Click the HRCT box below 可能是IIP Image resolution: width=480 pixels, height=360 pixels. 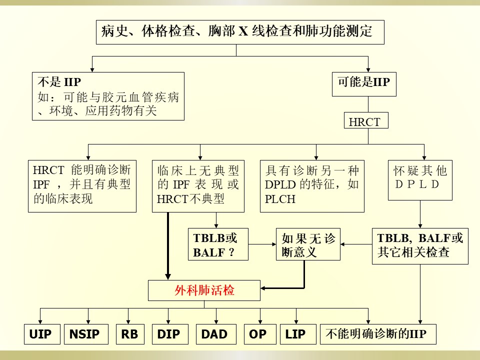(366, 120)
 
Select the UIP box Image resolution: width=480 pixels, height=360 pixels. (42, 334)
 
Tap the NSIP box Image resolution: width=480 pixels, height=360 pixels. (86, 334)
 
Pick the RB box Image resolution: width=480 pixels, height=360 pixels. (130, 334)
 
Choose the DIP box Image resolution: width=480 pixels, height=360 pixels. (170, 334)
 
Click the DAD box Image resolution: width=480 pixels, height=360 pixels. (216, 334)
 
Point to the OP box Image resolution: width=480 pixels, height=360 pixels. (260, 334)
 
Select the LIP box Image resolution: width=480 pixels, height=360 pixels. (298, 334)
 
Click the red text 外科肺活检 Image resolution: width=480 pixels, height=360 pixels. (204, 290)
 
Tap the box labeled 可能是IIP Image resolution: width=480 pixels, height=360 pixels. (364, 84)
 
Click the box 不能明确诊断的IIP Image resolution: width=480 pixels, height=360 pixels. (378, 334)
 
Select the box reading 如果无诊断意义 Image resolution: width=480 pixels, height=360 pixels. (308, 244)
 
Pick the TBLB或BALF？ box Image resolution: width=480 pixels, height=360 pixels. (218, 244)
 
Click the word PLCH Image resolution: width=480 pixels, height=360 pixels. (280, 199)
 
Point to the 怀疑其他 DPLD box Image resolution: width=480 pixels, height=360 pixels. (420, 180)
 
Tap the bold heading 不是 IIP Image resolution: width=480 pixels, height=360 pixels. (59, 82)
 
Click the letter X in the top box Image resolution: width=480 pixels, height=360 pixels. (243, 31)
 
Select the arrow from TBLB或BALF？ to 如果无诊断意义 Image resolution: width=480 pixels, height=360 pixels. (262, 244)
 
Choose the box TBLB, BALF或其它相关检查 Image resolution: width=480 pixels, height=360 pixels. (420, 246)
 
